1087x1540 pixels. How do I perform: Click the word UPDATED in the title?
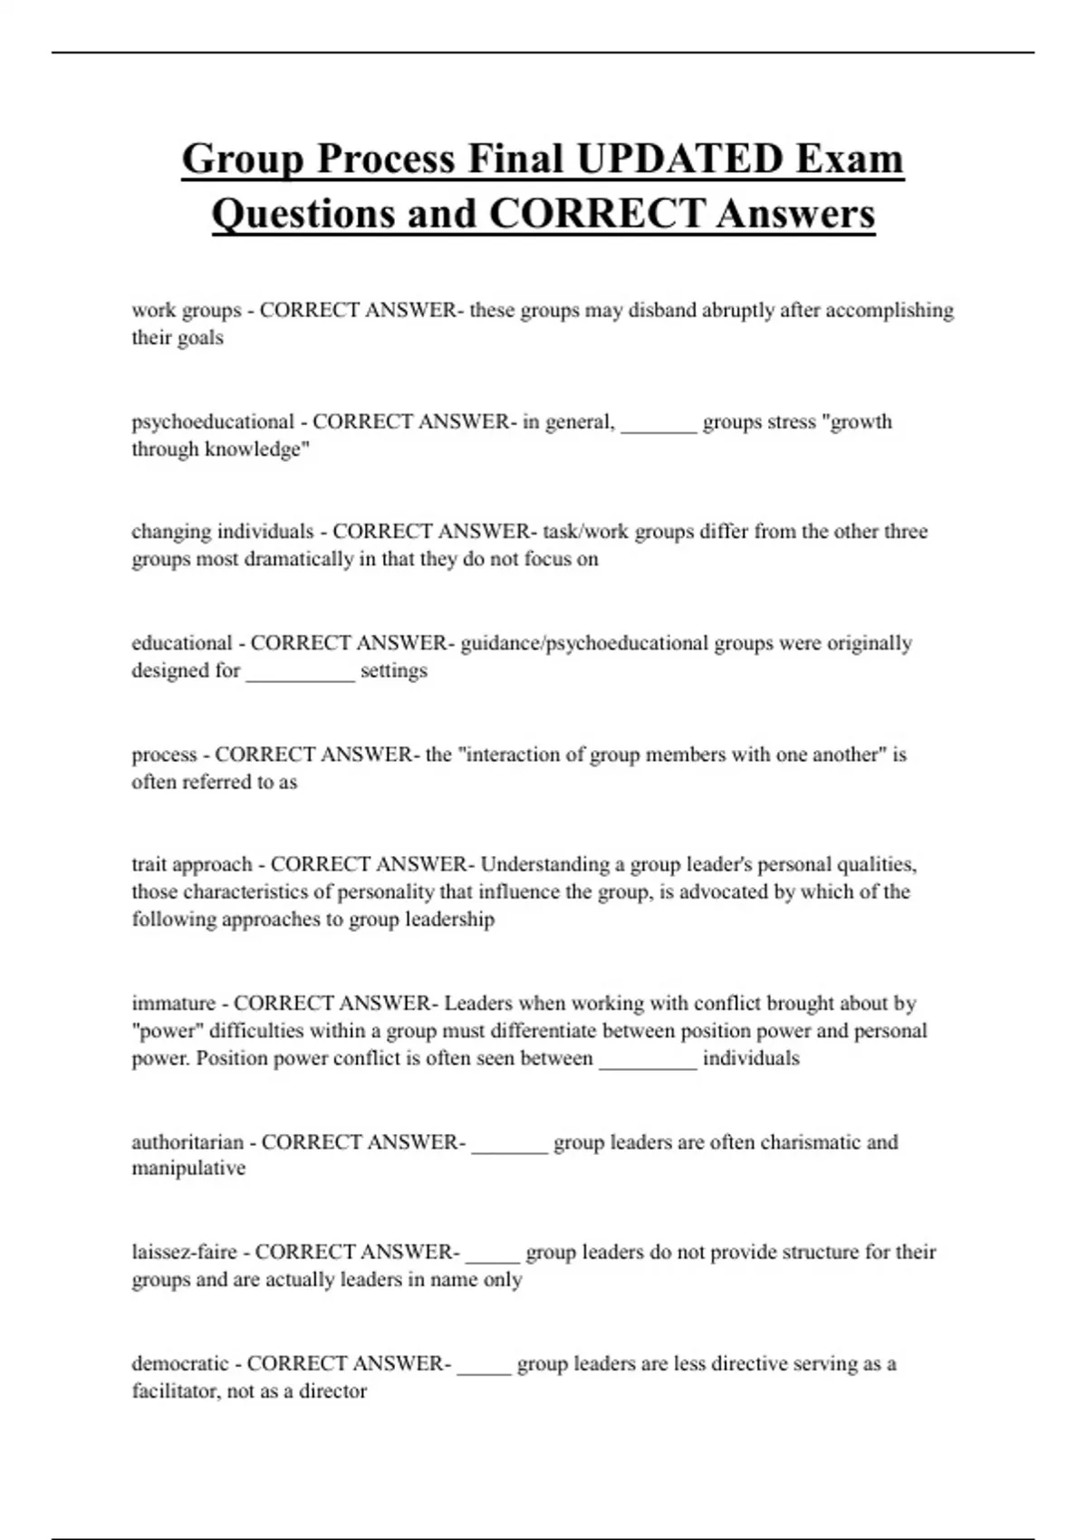pos(679,159)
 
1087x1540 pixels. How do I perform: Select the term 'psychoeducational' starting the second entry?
pos(213,422)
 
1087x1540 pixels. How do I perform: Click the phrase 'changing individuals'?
pos(222,532)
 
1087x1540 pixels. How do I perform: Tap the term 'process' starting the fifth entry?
pos(164,756)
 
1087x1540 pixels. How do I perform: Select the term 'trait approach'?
pos(192,865)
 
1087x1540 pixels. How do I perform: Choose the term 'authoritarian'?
pos(188,1142)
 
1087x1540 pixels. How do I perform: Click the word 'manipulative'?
pos(188,1169)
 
